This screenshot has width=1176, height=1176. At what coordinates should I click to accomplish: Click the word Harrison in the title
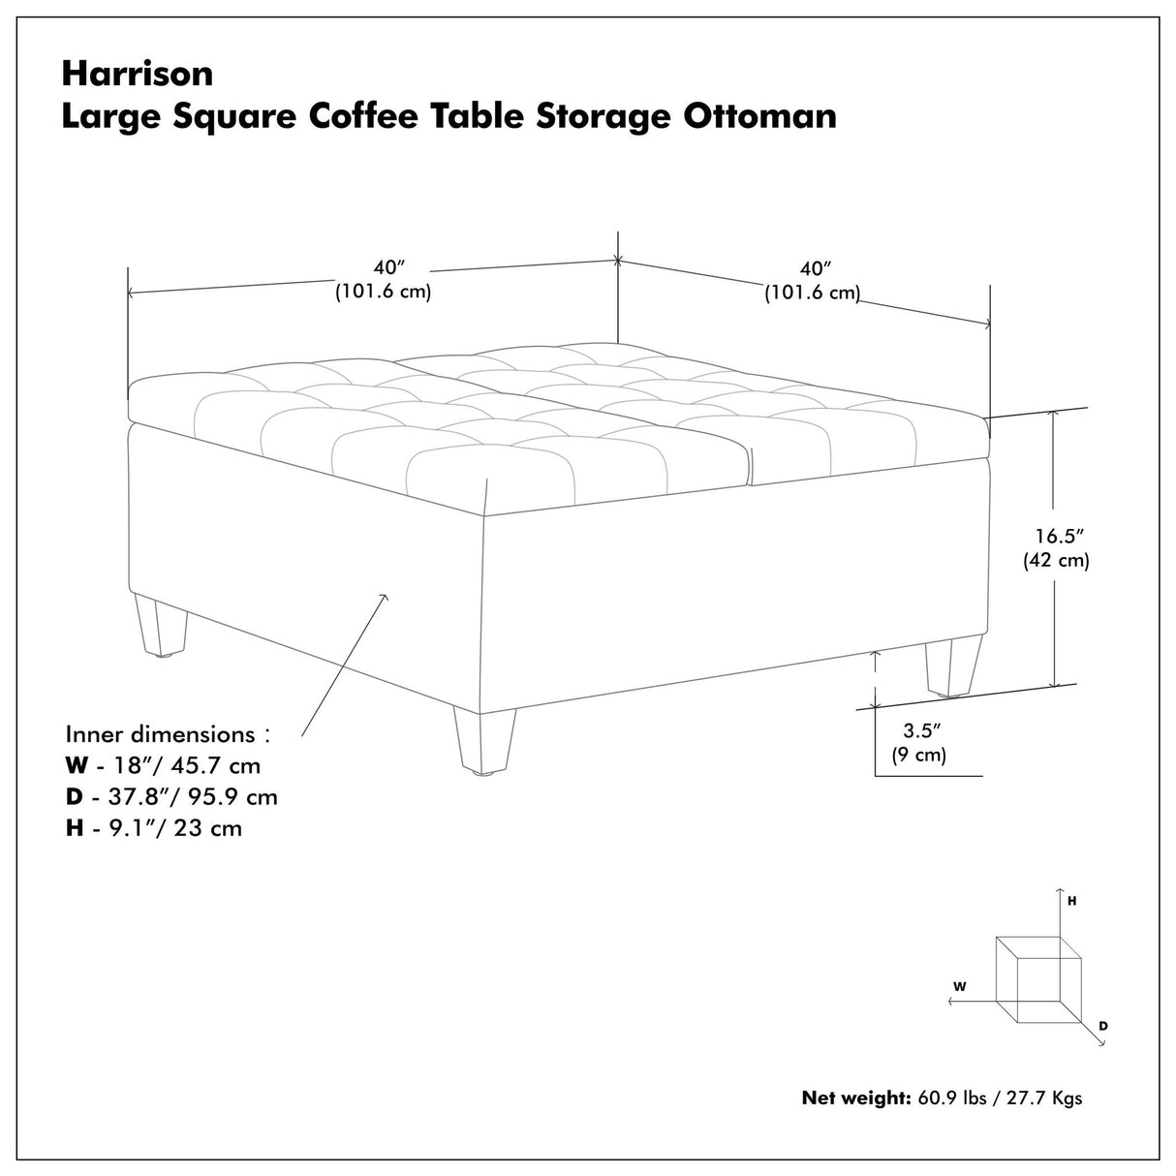(x=138, y=73)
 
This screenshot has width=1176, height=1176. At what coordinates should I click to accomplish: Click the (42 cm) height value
(x=1057, y=560)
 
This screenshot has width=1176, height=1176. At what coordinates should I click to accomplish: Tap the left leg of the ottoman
(x=162, y=628)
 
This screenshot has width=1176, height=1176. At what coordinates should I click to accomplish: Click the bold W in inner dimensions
(x=77, y=765)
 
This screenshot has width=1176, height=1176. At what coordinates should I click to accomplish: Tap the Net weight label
(x=855, y=1098)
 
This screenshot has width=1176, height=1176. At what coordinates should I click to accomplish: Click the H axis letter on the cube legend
(x=1072, y=901)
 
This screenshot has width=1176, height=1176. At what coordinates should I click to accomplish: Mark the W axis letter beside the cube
(x=959, y=986)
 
